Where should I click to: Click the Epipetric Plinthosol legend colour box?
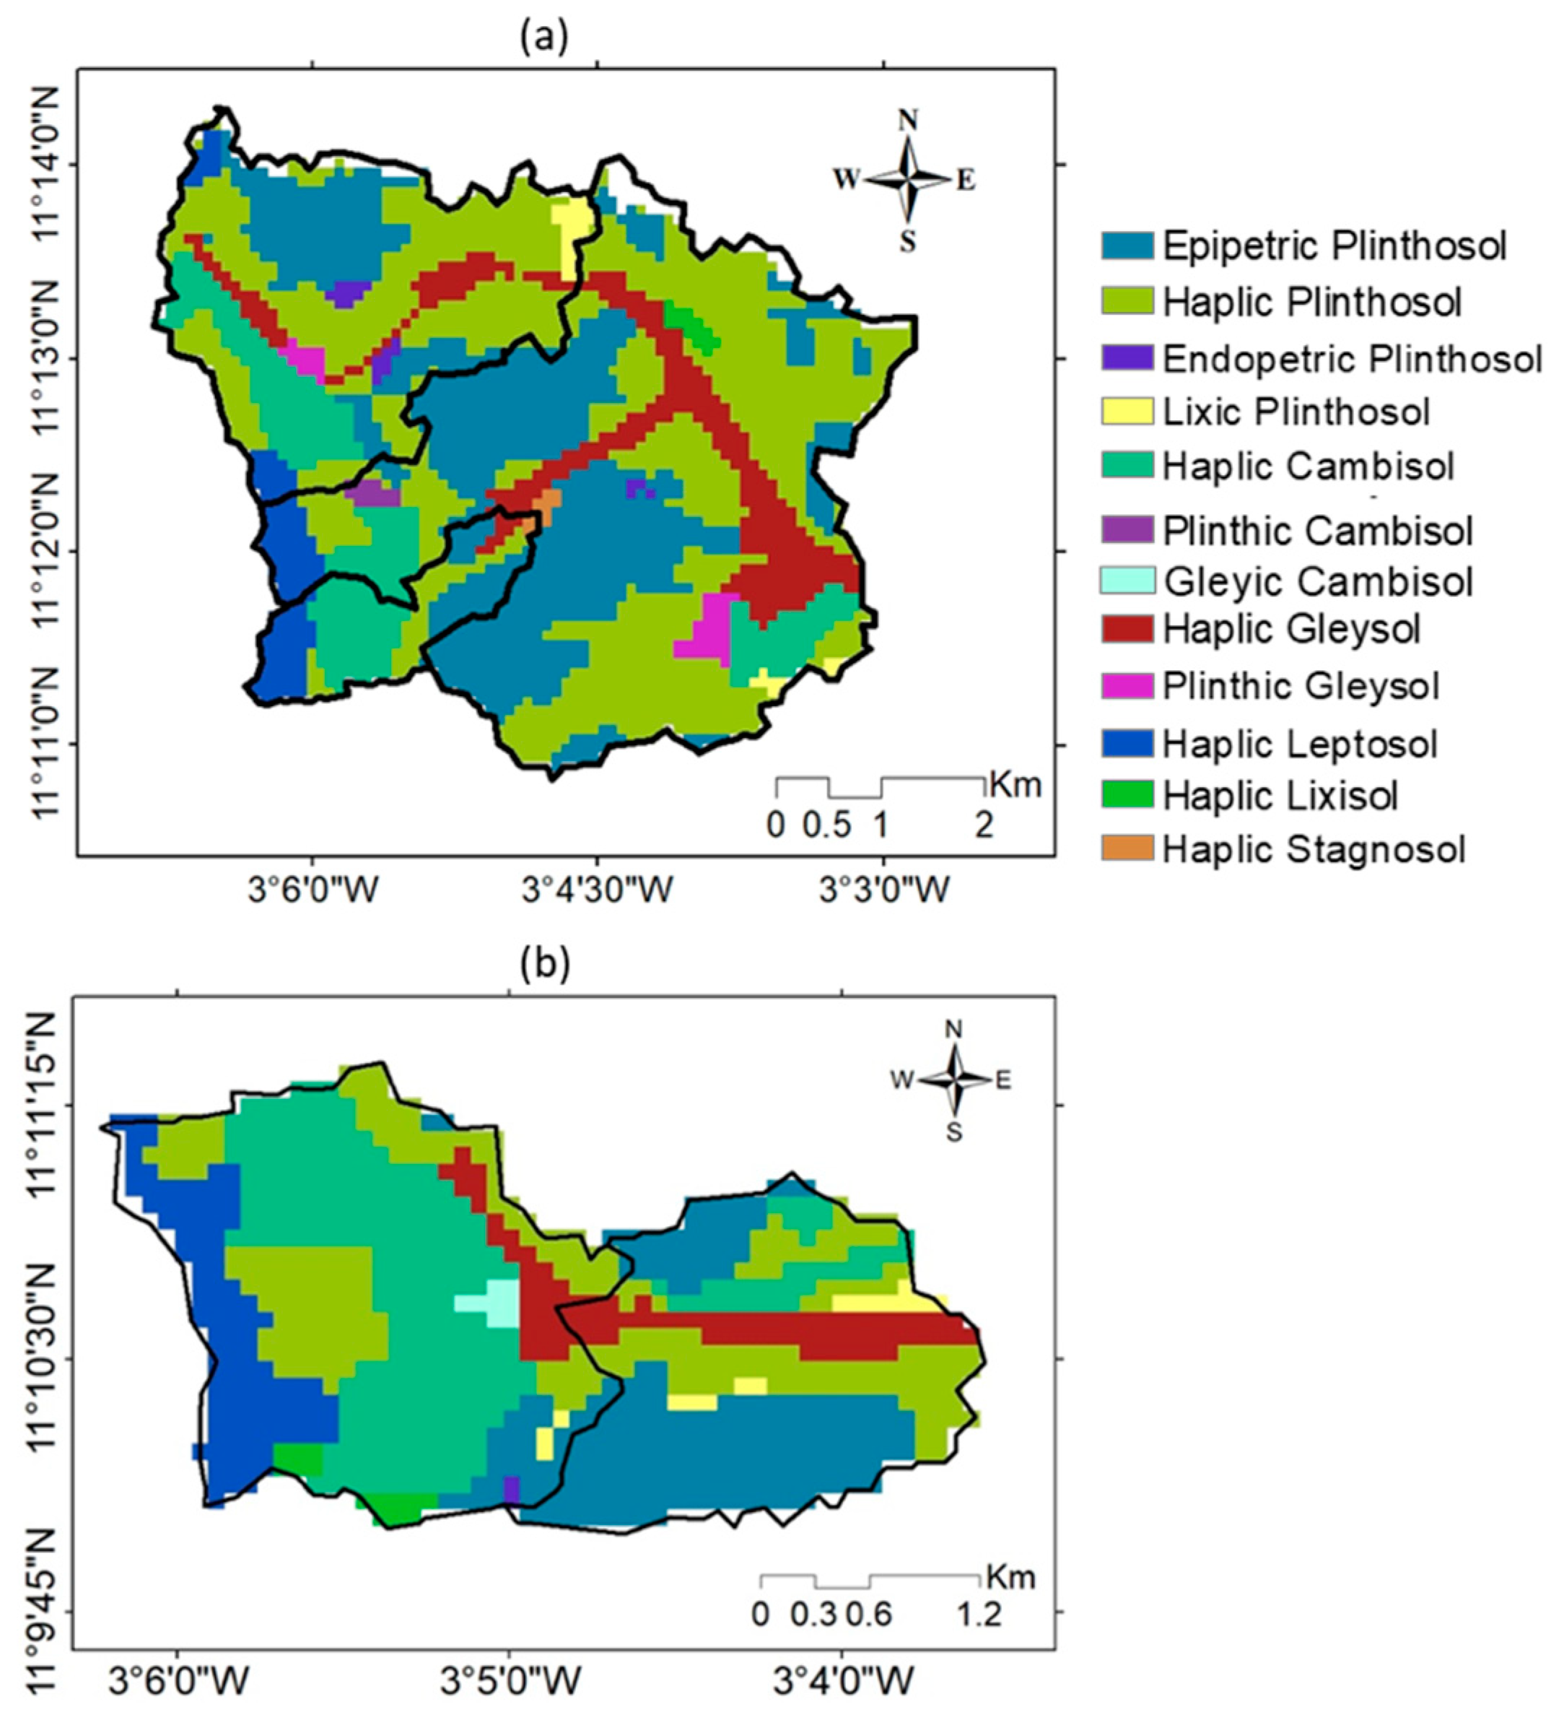point(1127,246)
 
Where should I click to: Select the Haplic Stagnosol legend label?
point(1314,849)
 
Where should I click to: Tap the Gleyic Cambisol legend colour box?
point(1127,581)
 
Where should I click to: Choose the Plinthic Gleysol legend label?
point(1301,686)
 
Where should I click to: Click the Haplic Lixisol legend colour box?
point(1127,794)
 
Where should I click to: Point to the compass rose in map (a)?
point(907,179)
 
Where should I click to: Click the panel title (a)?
point(543,38)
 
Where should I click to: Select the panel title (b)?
point(543,963)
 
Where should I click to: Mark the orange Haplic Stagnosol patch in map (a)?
point(549,503)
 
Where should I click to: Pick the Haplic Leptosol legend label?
point(1300,743)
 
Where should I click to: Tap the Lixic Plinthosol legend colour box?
point(1127,410)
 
